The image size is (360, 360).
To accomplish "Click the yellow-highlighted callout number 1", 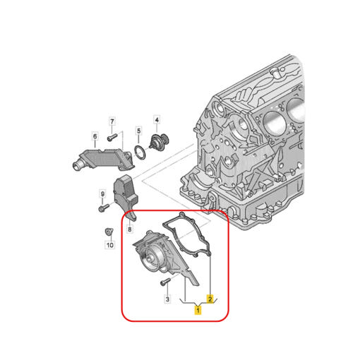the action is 198,310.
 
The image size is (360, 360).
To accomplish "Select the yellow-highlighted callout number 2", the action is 210,299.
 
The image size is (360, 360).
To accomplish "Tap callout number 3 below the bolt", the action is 167,299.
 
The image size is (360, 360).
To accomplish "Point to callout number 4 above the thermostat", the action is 157,120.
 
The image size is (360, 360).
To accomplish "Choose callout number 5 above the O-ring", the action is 139,131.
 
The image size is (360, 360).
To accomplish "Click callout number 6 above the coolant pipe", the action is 95,136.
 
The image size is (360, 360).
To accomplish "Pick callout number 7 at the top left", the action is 112,121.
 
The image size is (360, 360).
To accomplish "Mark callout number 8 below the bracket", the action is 129,229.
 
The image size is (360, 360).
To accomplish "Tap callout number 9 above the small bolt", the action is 102,194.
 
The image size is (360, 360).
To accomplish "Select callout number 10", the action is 110,245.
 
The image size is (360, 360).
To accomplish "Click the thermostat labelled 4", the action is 159,142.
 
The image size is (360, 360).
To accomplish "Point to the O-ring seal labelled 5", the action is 140,152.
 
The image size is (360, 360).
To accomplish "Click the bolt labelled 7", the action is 112,138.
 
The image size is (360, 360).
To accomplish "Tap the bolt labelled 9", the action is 104,208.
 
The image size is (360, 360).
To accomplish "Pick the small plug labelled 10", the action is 109,232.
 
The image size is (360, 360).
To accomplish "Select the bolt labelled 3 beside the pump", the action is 165,282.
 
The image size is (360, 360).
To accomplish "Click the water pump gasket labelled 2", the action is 188,234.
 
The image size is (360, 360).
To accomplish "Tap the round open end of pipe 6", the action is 76,165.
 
